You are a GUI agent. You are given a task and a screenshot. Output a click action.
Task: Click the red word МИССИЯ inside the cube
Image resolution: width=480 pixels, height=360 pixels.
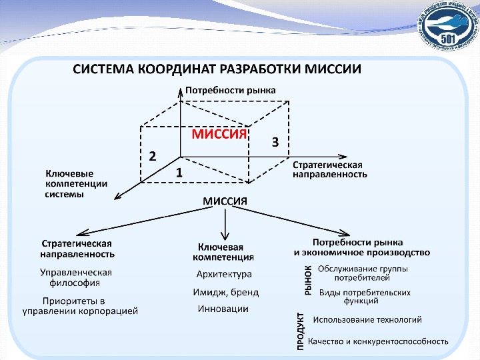(219, 134)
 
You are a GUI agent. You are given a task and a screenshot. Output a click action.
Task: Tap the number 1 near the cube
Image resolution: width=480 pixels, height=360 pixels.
(179, 172)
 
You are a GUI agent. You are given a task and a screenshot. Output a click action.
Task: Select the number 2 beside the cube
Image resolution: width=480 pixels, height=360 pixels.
(153, 156)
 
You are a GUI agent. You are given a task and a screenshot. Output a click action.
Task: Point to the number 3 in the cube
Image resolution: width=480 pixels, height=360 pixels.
(274, 142)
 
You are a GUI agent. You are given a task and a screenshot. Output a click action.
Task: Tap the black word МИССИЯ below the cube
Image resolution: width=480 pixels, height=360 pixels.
(225, 201)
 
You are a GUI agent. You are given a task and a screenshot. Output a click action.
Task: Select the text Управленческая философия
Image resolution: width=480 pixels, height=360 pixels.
(76, 277)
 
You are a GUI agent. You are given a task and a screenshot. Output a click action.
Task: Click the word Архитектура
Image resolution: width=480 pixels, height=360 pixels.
(224, 274)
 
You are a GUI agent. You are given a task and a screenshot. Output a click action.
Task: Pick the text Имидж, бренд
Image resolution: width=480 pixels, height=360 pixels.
(226, 292)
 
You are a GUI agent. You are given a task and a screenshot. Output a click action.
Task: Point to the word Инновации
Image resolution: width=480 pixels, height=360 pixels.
(223, 309)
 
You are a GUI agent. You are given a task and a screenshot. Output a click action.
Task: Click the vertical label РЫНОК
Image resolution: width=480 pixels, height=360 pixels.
(308, 279)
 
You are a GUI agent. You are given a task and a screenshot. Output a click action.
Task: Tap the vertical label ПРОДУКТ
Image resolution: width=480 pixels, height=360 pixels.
(301, 330)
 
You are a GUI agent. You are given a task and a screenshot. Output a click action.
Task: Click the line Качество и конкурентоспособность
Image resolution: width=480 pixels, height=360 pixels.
(378, 341)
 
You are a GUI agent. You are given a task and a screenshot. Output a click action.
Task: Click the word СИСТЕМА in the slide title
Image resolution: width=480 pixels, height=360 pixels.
(102, 69)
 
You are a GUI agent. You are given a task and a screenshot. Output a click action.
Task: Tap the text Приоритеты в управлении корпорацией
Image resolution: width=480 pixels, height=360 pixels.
(80, 305)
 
